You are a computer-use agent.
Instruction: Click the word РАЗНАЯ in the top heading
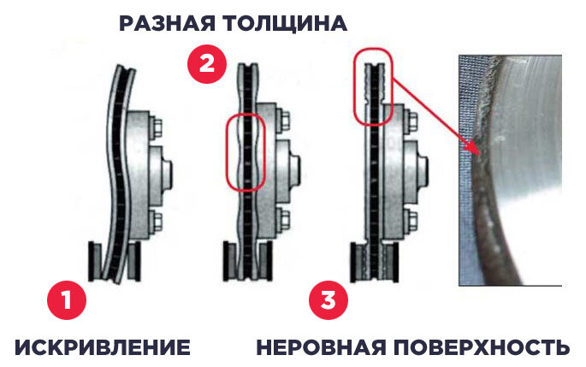167,24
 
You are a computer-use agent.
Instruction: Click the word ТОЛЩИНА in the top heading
285,24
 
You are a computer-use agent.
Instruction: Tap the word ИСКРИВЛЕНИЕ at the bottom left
103,347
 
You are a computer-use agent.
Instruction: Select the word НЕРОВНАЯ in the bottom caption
321,347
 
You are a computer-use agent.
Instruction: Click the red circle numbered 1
67,300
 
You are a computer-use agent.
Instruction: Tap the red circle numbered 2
207,63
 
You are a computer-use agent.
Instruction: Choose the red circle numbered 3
329,300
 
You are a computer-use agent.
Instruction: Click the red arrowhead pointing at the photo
474,150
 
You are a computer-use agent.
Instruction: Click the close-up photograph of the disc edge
510,170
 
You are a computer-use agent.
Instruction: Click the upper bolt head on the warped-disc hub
157,127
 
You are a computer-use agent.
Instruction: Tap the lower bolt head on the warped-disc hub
157,221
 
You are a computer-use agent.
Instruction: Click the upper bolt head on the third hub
411,121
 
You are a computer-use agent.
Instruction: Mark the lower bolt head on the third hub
411,221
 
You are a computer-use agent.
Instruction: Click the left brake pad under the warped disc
95,261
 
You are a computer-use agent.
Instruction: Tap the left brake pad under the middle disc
230,261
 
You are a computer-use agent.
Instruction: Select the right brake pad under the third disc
391,263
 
